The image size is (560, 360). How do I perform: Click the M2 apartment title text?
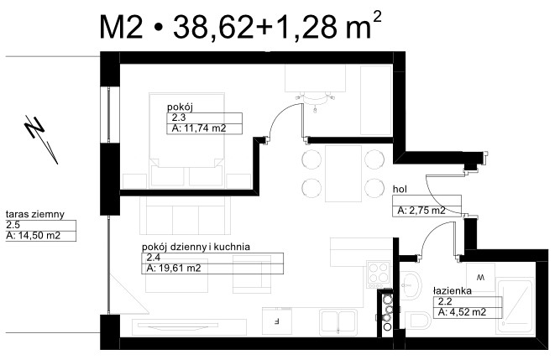(x=240, y=26)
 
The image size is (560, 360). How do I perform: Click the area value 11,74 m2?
(x=199, y=128)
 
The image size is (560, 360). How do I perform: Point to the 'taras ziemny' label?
(x=35, y=214)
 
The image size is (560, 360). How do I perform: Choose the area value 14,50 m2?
(x=34, y=236)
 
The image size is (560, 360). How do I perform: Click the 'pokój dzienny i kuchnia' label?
(x=196, y=247)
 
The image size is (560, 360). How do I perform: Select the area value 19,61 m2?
(x=174, y=269)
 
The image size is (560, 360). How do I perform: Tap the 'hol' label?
(x=400, y=190)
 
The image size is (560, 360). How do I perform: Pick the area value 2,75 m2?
(x=421, y=211)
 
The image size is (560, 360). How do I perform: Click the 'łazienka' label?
(x=453, y=290)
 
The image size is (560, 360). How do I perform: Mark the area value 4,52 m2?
(x=462, y=312)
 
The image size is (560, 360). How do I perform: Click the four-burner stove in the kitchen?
(x=379, y=274)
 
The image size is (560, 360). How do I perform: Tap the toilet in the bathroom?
(x=419, y=321)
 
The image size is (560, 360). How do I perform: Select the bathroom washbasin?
(x=410, y=284)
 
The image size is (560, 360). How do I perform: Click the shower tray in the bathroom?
(x=515, y=307)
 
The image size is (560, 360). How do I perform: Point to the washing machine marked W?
(x=481, y=277)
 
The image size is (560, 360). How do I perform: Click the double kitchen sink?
(x=338, y=322)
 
